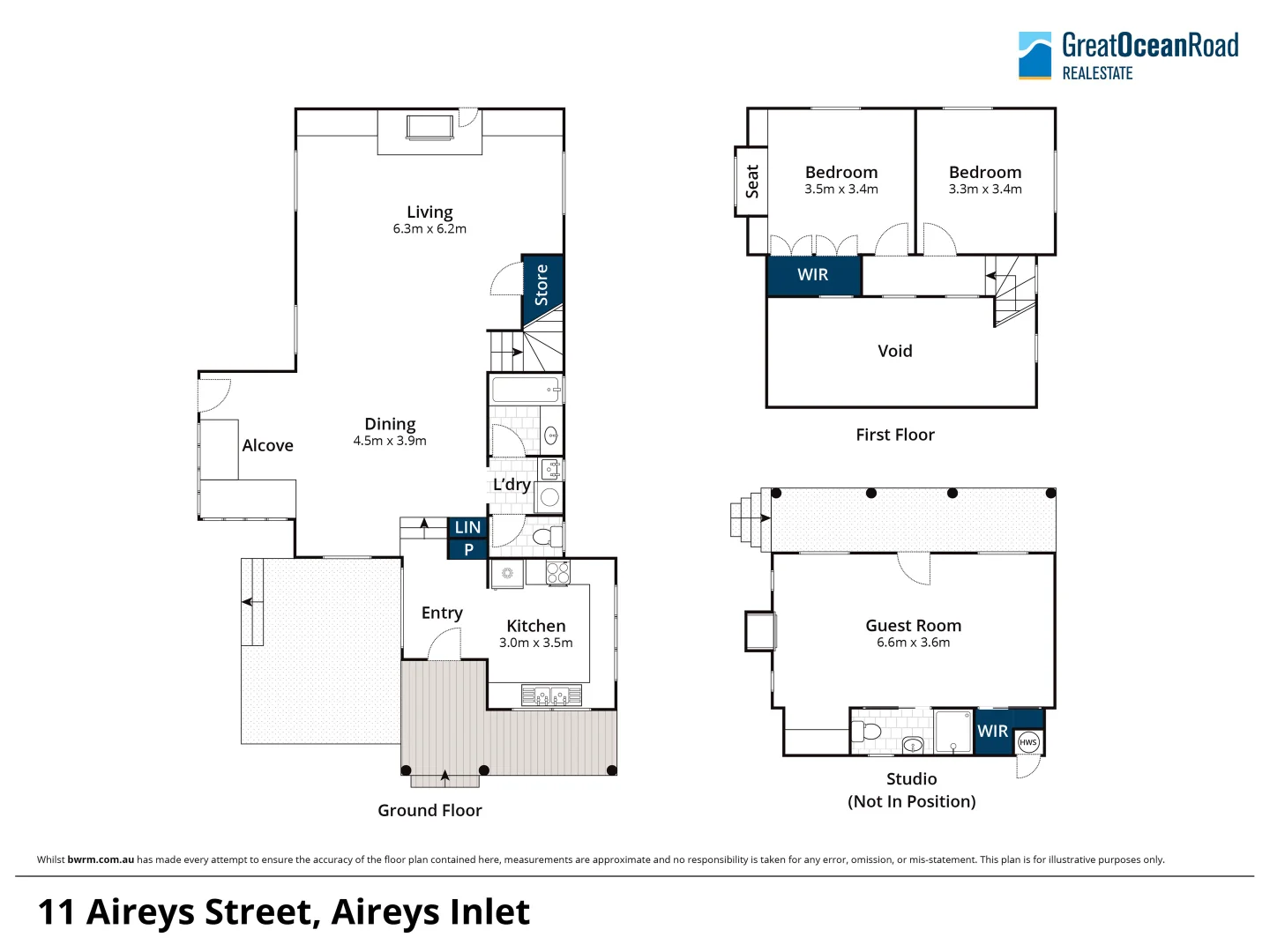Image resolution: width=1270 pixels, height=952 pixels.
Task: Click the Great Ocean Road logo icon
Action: coord(1035,56)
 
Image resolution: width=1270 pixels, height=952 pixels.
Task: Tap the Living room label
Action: coord(430,212)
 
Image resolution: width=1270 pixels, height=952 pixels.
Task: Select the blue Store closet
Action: coord(542,284)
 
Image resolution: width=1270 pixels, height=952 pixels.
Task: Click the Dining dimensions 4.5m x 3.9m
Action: coord(390,441)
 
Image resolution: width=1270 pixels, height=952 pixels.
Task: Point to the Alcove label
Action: coord(267,446)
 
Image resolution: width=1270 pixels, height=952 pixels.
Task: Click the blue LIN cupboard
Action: coord(467,527)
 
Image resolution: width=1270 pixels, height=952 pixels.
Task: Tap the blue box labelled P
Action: coord(468,549)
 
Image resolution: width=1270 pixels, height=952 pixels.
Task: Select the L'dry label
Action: coord(512,485)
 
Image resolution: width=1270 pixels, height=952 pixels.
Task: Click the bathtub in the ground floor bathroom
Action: coord(526,390)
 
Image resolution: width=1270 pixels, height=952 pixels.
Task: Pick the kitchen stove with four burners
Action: coord(557,573)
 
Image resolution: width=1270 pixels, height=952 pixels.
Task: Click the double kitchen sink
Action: coord(550,696)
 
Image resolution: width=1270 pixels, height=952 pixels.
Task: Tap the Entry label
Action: coord(442,613)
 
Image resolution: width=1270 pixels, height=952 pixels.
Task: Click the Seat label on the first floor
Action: coord(751,182)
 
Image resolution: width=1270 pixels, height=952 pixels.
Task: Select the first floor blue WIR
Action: coord(812,275)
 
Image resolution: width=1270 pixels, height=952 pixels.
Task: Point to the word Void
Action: coord(894,351)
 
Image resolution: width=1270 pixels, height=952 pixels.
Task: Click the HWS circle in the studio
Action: coord(1027,742)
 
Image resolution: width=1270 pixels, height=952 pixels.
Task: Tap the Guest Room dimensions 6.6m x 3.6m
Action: coord(913,643)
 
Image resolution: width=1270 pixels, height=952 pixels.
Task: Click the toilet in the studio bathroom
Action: coord(868,731)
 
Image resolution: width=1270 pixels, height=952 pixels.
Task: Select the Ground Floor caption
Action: coord(430,810)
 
